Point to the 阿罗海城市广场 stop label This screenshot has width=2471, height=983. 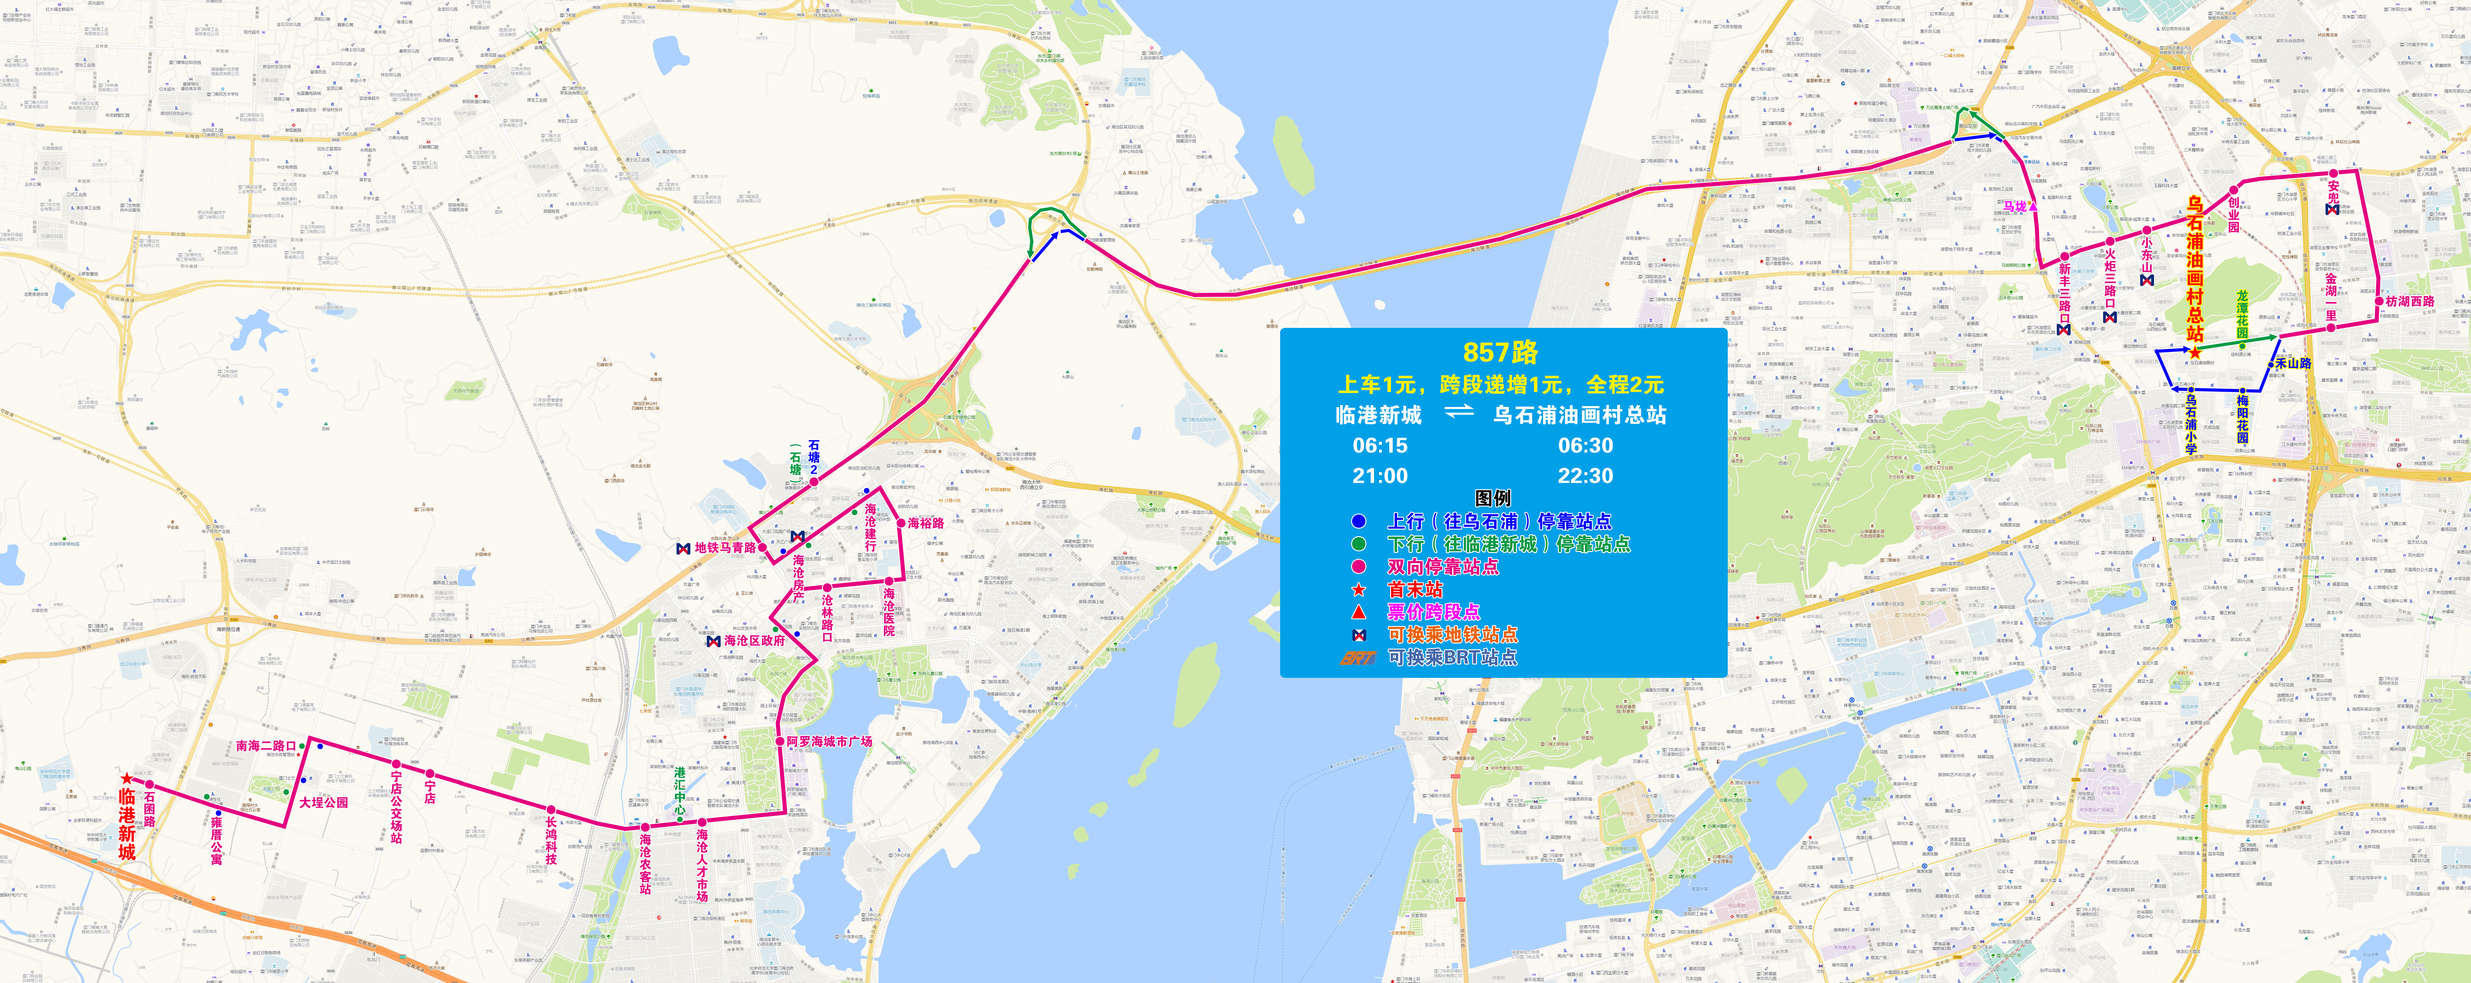[830, 741]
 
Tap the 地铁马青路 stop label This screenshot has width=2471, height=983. [725, 548]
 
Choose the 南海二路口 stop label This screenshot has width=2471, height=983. [266, 745]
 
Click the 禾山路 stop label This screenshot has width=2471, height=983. [2294, 363]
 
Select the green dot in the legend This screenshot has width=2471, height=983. [1358, 544]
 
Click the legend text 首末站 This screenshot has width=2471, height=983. [1414, 589]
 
